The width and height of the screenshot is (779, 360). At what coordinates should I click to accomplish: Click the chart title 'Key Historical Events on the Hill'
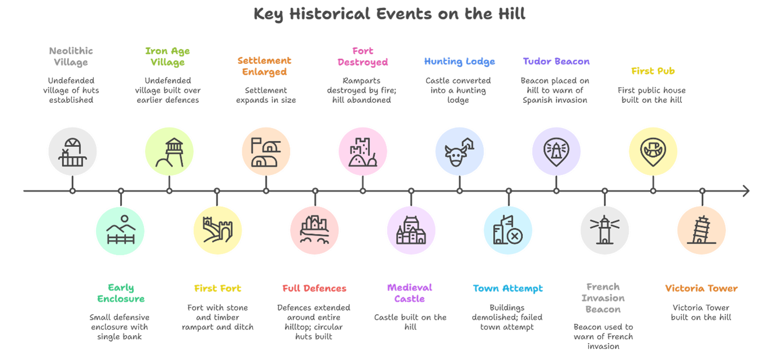coord(389,14)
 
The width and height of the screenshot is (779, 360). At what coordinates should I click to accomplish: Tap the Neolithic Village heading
coord(71,57)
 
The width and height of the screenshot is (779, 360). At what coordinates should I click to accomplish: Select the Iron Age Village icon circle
coord(169,151)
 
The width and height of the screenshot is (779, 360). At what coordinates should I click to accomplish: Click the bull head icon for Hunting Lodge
coord(459,151)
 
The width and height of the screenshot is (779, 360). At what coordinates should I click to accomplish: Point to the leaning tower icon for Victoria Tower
coord(702,231)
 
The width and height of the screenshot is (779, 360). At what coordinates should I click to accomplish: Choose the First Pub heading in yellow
coord(653,71)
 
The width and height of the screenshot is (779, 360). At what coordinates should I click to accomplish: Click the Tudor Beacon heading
coord(556,62)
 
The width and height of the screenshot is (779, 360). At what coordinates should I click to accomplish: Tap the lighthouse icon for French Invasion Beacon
coord(604,231)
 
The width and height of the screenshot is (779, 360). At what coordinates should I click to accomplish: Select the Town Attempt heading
coord(508,289)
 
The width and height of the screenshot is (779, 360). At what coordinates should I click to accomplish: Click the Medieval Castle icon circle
coord(411,231)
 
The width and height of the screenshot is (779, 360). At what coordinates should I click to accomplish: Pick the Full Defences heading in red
coord(314,289)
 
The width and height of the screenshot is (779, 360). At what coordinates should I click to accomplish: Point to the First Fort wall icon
coord(217,231)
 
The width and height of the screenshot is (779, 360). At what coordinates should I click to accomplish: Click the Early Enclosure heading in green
coord(120,293)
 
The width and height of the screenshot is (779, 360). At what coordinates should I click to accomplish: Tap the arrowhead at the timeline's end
coord(746,191)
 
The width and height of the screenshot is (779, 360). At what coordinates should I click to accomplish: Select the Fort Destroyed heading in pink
coord(363,57)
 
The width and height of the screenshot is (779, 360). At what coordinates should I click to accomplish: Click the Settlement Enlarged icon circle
coord(266,151)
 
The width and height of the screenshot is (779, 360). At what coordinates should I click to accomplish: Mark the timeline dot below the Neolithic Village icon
coord(72,191)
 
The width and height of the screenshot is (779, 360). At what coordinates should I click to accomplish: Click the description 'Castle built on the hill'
coord(411,322)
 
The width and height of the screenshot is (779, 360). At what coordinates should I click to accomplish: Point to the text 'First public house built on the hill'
coord(653,95)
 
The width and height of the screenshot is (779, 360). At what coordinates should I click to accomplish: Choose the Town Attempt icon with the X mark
coord(508,231)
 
